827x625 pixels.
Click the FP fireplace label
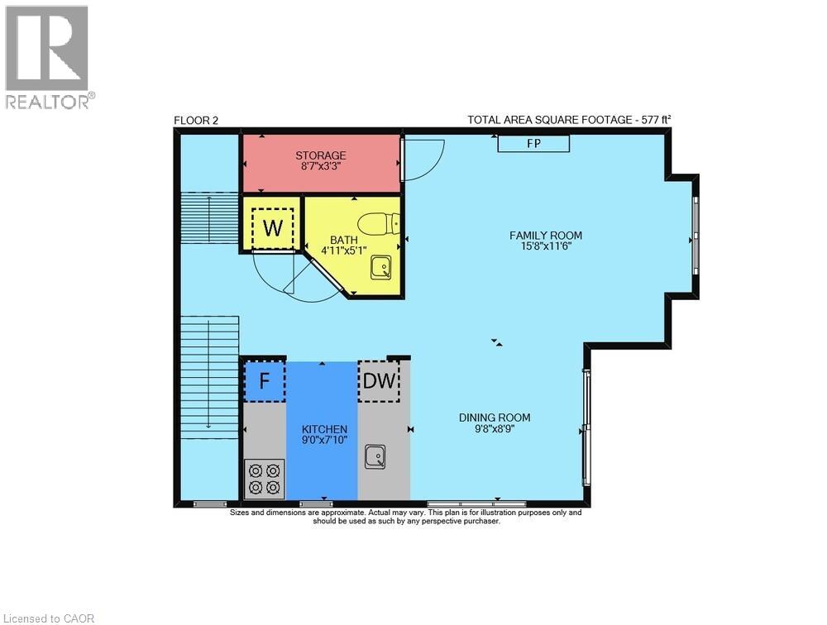coord(533,144)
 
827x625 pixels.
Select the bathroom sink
coord(381,266)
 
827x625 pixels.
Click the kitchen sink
coord(376,456)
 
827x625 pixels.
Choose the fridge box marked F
coord(265,381)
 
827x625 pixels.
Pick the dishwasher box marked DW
coord(379,381)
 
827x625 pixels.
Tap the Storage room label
coord(321,155)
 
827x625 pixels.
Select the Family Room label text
coord(546,236)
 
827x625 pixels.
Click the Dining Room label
coord(495,417)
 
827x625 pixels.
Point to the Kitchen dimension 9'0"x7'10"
coord(324,441)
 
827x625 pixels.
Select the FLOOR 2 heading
coord(196,121)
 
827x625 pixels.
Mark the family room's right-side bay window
coord(695,238)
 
